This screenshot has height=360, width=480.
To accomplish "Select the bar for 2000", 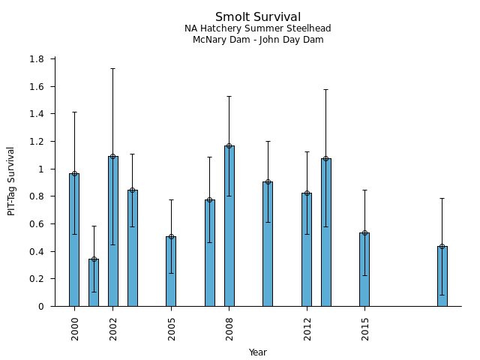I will point(74,240).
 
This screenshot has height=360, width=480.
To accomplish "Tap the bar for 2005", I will point(171,271).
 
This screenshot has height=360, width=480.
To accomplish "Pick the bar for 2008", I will point(229,226).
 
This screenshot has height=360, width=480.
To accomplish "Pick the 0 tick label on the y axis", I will point(42,307).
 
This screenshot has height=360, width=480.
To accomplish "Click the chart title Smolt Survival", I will point(258,17).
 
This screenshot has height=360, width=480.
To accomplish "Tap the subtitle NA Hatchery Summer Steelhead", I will point(258,28).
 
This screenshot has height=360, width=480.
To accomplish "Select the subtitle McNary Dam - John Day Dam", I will point(258,40).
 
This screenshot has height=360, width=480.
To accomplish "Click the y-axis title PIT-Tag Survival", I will point(11,181).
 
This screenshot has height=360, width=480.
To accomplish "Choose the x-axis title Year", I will point(258,352).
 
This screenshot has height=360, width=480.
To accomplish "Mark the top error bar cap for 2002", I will point(113,68).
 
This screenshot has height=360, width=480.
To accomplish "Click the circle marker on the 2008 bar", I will point(229,145).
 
